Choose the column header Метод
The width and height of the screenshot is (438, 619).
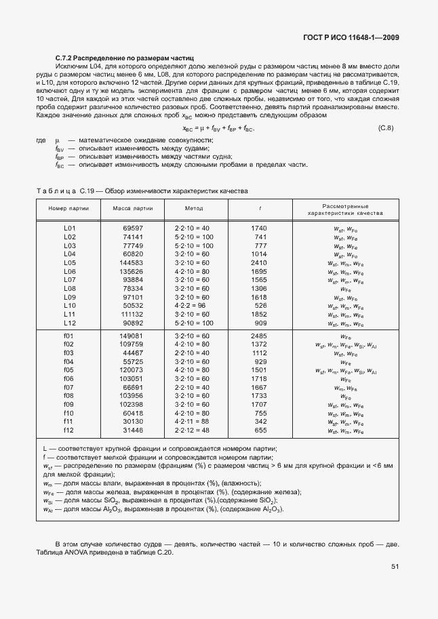pos(193,208)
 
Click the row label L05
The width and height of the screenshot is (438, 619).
pos(69,262)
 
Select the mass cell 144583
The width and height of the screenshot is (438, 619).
pos(132,262)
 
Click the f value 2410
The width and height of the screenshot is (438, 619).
pos(259,262)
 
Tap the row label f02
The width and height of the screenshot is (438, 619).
pos(68,344)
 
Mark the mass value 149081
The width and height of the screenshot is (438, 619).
pos(132,336)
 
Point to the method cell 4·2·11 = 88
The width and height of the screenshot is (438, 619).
pos(193,421)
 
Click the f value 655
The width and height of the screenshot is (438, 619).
pos(260,430)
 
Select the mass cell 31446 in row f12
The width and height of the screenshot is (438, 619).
pos(133,430)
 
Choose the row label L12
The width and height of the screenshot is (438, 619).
pos(69,323)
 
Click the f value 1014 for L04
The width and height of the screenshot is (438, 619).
pos(259,254)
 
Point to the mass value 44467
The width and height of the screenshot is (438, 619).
pos(133,353)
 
